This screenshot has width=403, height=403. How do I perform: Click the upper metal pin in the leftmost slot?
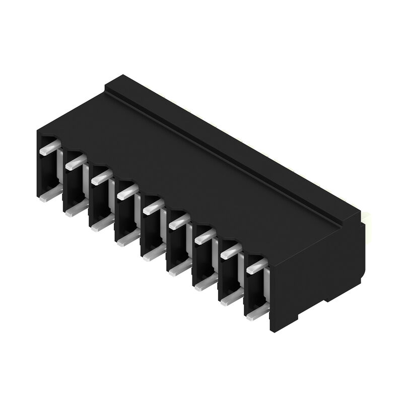(x=48, y=148)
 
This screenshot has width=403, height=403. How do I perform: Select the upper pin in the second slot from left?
(x=75, y=161)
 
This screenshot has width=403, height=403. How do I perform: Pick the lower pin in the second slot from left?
(x=75, y=208)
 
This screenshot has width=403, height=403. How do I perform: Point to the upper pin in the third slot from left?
(x=101, y=176)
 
